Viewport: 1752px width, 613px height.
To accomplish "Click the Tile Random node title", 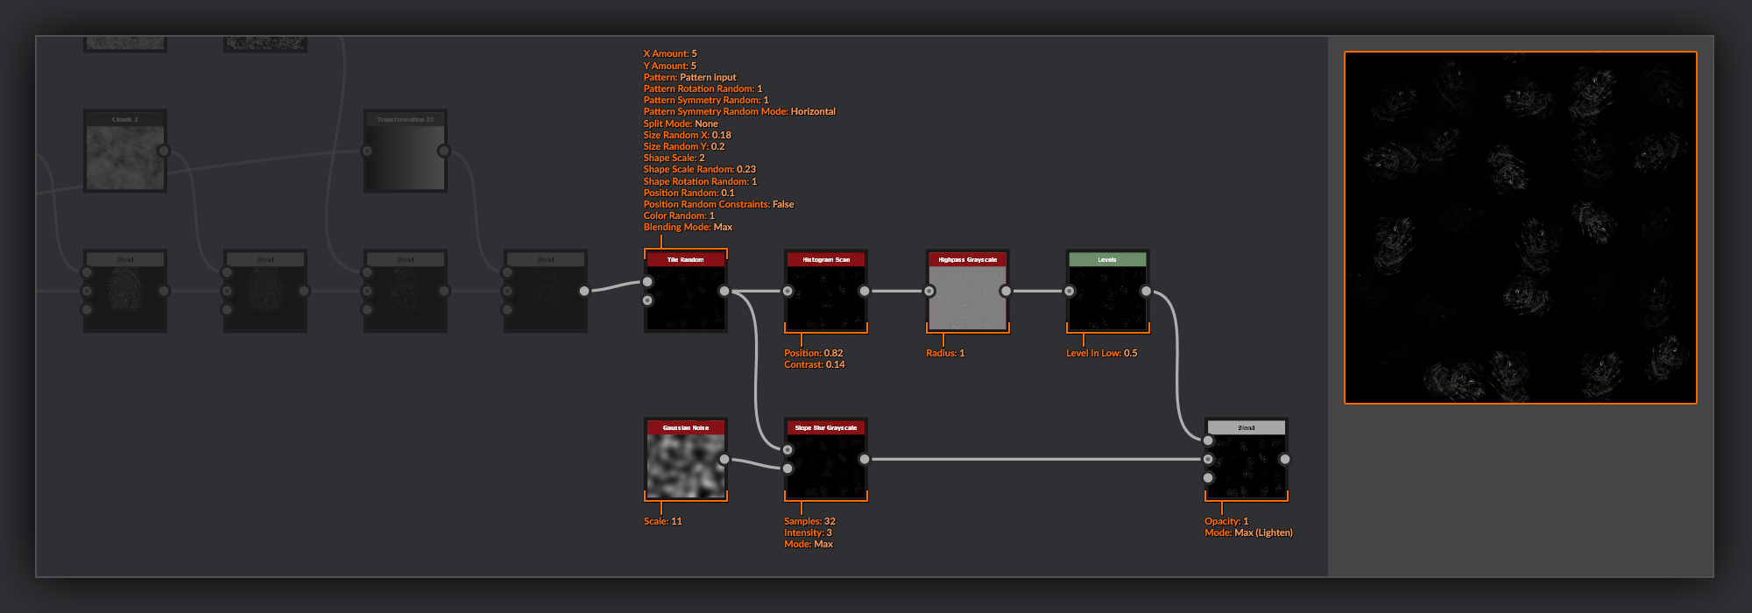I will coord(685,259).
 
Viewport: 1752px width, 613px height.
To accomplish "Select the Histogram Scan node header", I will coord(825,259).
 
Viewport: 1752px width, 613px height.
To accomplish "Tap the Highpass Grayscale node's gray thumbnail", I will coord(967,298).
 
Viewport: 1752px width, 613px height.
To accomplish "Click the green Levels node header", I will coord(1107,259).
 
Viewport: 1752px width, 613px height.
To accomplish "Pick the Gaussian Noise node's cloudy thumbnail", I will coord(685,465).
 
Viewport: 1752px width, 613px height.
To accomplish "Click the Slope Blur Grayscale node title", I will coord(825,427).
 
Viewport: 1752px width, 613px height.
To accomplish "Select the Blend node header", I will coord(1246,427).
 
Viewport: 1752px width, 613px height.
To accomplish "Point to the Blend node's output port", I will coord(1284,459).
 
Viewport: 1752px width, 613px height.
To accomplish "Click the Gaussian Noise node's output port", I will coord(724,459).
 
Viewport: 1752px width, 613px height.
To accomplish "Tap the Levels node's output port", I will coord(1146,291).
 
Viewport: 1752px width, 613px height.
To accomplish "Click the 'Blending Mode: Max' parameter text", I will coord(688,227).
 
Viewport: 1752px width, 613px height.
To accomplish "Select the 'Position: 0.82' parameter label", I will coord(813,353).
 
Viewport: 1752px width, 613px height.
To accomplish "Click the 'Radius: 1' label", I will coord(945,353).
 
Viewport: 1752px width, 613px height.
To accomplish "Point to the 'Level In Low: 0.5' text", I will coord(1101,353).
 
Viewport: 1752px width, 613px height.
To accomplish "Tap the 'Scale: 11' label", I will coord(662,521).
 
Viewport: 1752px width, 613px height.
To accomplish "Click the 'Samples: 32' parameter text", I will coord(809,521).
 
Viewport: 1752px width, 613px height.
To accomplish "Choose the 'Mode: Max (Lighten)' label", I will coord(1248,532).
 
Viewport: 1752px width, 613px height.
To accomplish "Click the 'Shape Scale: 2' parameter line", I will coord(674,158).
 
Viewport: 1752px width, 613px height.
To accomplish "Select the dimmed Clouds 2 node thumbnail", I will coord(124,158).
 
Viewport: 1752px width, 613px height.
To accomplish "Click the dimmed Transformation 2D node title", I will coord(405,119).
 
